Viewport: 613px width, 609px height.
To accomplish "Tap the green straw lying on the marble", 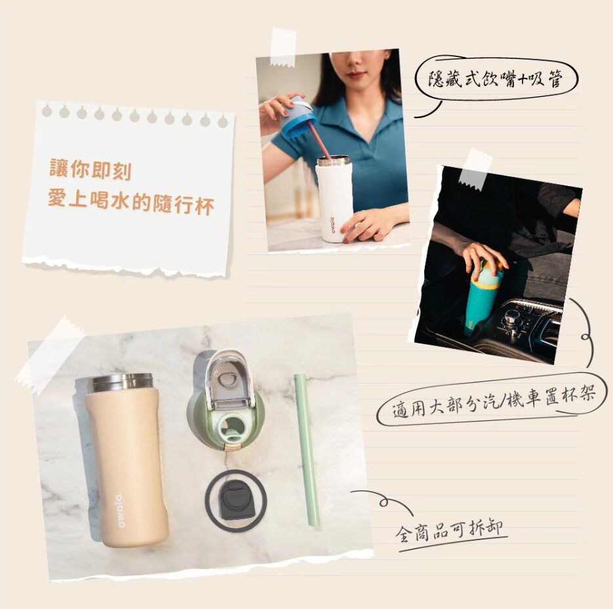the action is (x=307, y=450).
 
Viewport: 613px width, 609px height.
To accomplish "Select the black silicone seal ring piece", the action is (x=236, y=501).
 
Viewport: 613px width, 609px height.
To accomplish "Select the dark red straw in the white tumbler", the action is (x=319, y=140).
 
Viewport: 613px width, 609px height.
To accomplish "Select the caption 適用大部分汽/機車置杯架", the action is (x=494, y=401).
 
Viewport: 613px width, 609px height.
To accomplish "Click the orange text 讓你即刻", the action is (x=90, y=169).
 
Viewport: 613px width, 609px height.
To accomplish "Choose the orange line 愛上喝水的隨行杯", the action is (x=131, y=201).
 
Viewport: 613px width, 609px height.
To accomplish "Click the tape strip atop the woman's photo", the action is (x=284, y=47).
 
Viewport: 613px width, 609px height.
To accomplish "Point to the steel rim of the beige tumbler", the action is (x=120, y=382).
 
